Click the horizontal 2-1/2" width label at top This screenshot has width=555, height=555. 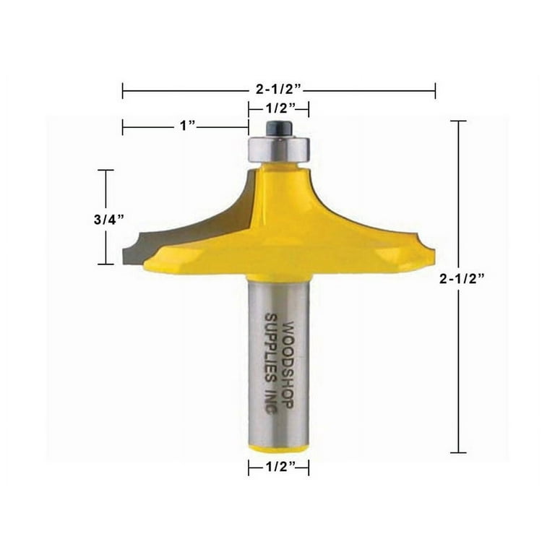pos(279,91)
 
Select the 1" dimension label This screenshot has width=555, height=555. pos(186,126)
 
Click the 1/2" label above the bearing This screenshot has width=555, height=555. pos(279,108)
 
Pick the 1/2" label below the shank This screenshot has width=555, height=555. pos(279,468)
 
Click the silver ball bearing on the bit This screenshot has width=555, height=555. pos(277,147)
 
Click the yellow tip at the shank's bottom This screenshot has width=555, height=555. pos(278,448)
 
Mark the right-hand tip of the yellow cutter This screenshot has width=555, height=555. pos(431,254)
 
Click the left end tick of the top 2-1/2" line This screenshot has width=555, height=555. pos(123,91)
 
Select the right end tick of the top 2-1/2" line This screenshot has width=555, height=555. pos(435,91)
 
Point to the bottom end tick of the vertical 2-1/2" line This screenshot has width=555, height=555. pos(458,453)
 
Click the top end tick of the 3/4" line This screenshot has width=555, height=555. pos(106,171)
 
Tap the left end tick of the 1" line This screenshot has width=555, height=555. pos(123,127)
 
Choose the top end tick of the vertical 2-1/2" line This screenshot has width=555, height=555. pos(458,121)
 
